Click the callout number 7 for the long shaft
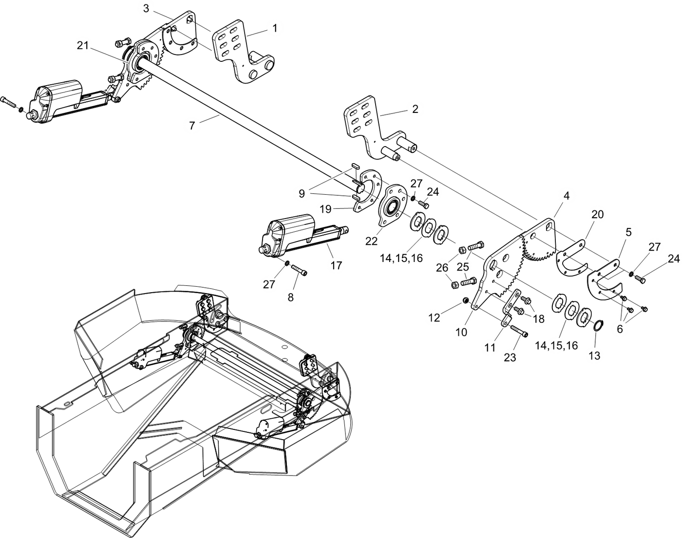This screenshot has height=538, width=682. [192, 126]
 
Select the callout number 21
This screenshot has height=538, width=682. [83, 45]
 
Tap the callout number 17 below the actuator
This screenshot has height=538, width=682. [336, 265]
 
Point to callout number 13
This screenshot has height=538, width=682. [594, 356]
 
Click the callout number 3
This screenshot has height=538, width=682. [147, 8]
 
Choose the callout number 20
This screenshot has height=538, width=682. [597, 215]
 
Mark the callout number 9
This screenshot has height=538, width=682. [302, 194]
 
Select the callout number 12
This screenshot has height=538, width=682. [434, 317]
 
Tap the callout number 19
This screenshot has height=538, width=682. [325, 209]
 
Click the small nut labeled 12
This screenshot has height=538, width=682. [465, 301]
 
